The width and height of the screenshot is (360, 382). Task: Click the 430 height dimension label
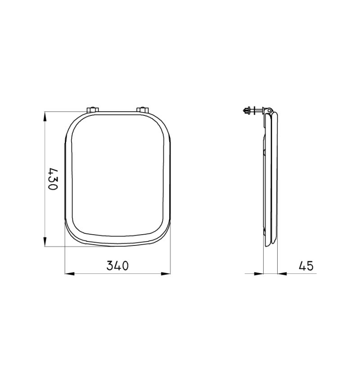[x=53, y=179]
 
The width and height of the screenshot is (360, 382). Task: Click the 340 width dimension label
[x=117, y=266]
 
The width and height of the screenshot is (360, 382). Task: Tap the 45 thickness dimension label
[x=306, y=266]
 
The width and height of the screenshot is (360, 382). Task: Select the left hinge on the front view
[x=93, y=109]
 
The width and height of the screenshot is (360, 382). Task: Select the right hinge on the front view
[x=142, y=109]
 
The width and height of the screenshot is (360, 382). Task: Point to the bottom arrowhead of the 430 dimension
[x=45, y=241]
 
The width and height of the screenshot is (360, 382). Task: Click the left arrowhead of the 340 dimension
[x=69, y=274]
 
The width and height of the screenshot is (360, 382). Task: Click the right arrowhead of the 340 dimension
[x=166, y=274]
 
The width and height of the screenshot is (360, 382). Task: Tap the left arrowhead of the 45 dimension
[x=259, y=274]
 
